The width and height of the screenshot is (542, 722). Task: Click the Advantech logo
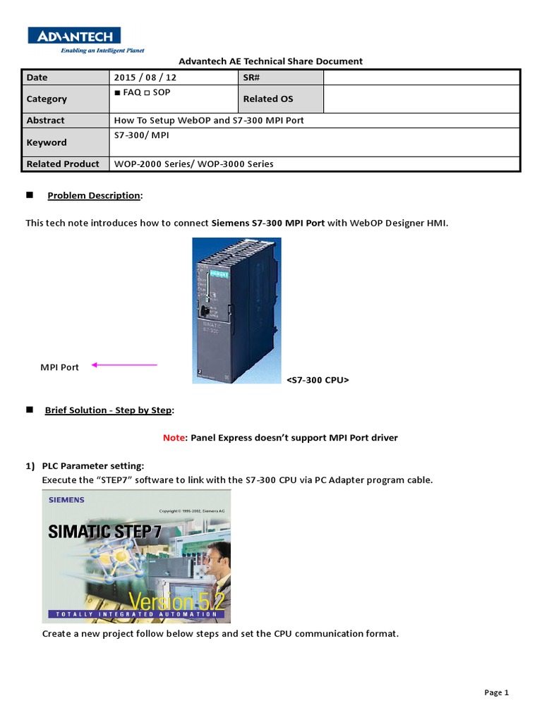pos(74,36)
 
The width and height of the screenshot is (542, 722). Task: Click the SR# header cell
pos(253,78)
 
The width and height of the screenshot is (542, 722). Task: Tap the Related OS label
pos(267,99)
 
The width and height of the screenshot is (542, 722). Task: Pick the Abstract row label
pos(45,121)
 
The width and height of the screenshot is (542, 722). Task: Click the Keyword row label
pos(47,142)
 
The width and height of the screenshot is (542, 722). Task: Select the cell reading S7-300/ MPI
pos(141,134)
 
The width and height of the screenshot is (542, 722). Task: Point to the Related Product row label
pos(63,164)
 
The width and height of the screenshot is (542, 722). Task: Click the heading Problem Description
pos(94,195)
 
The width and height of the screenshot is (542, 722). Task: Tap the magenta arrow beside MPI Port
pos(124,365)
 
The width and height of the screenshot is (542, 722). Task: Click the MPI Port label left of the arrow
pos(59,367)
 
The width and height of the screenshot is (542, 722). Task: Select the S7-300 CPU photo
pos(236,310)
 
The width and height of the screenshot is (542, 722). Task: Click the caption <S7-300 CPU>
pos(318,380)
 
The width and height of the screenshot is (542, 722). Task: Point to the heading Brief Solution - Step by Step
pos(109,410)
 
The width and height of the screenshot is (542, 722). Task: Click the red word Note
pos(173,438)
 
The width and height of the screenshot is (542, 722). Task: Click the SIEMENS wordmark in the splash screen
pos(66,500)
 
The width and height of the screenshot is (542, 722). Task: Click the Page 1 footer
pos(496,692)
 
